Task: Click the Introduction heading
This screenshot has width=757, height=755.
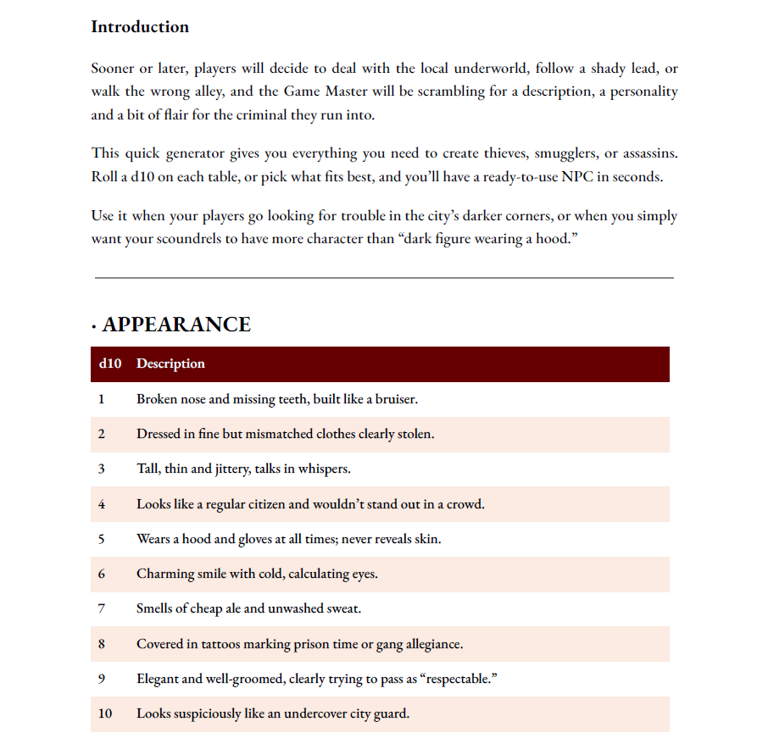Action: point(140,27)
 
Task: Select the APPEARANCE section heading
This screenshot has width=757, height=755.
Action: point(176,325)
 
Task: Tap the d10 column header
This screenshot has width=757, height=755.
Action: point(110,364)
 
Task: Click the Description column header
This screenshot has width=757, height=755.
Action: point(170,364)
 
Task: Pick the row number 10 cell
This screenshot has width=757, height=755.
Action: point(105,713)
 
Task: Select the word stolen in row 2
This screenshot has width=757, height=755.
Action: point(412,434)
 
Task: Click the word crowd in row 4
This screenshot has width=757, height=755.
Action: point(463,504)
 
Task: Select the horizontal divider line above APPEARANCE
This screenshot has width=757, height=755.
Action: point(384,277)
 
